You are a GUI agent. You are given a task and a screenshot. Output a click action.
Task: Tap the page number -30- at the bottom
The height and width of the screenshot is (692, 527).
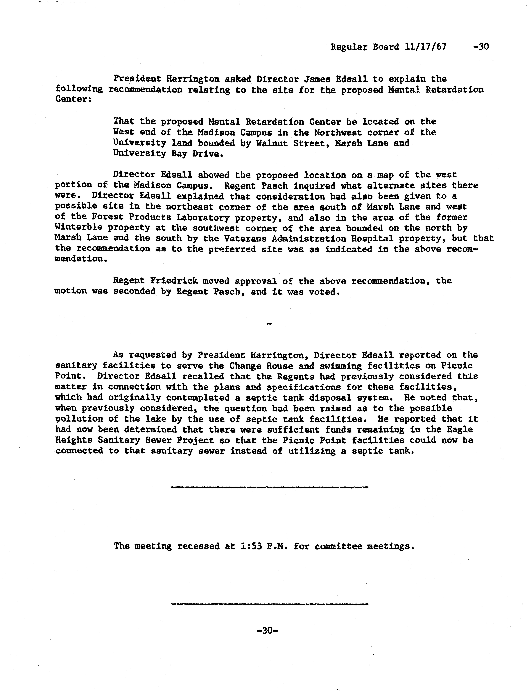coord(267,630)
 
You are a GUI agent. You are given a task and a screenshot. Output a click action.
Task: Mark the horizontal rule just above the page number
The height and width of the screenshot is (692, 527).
coord(269,604)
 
